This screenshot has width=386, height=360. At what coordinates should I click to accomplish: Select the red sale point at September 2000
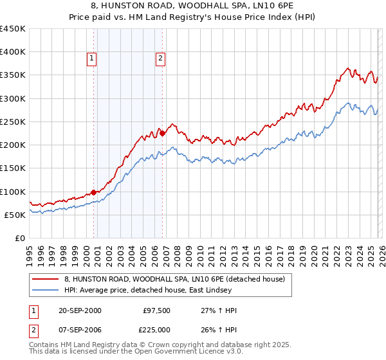click(x=94, y=192)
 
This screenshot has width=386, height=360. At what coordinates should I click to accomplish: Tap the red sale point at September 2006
click(x=162, y=133)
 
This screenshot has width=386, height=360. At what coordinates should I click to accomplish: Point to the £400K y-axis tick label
click(x=13, y=52)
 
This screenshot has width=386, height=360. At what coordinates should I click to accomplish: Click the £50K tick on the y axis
click(x=15, y=215)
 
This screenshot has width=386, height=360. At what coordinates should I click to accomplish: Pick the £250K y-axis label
click(x=13, y=122)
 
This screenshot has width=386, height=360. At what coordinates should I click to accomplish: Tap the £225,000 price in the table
click(x=157, y=330)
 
